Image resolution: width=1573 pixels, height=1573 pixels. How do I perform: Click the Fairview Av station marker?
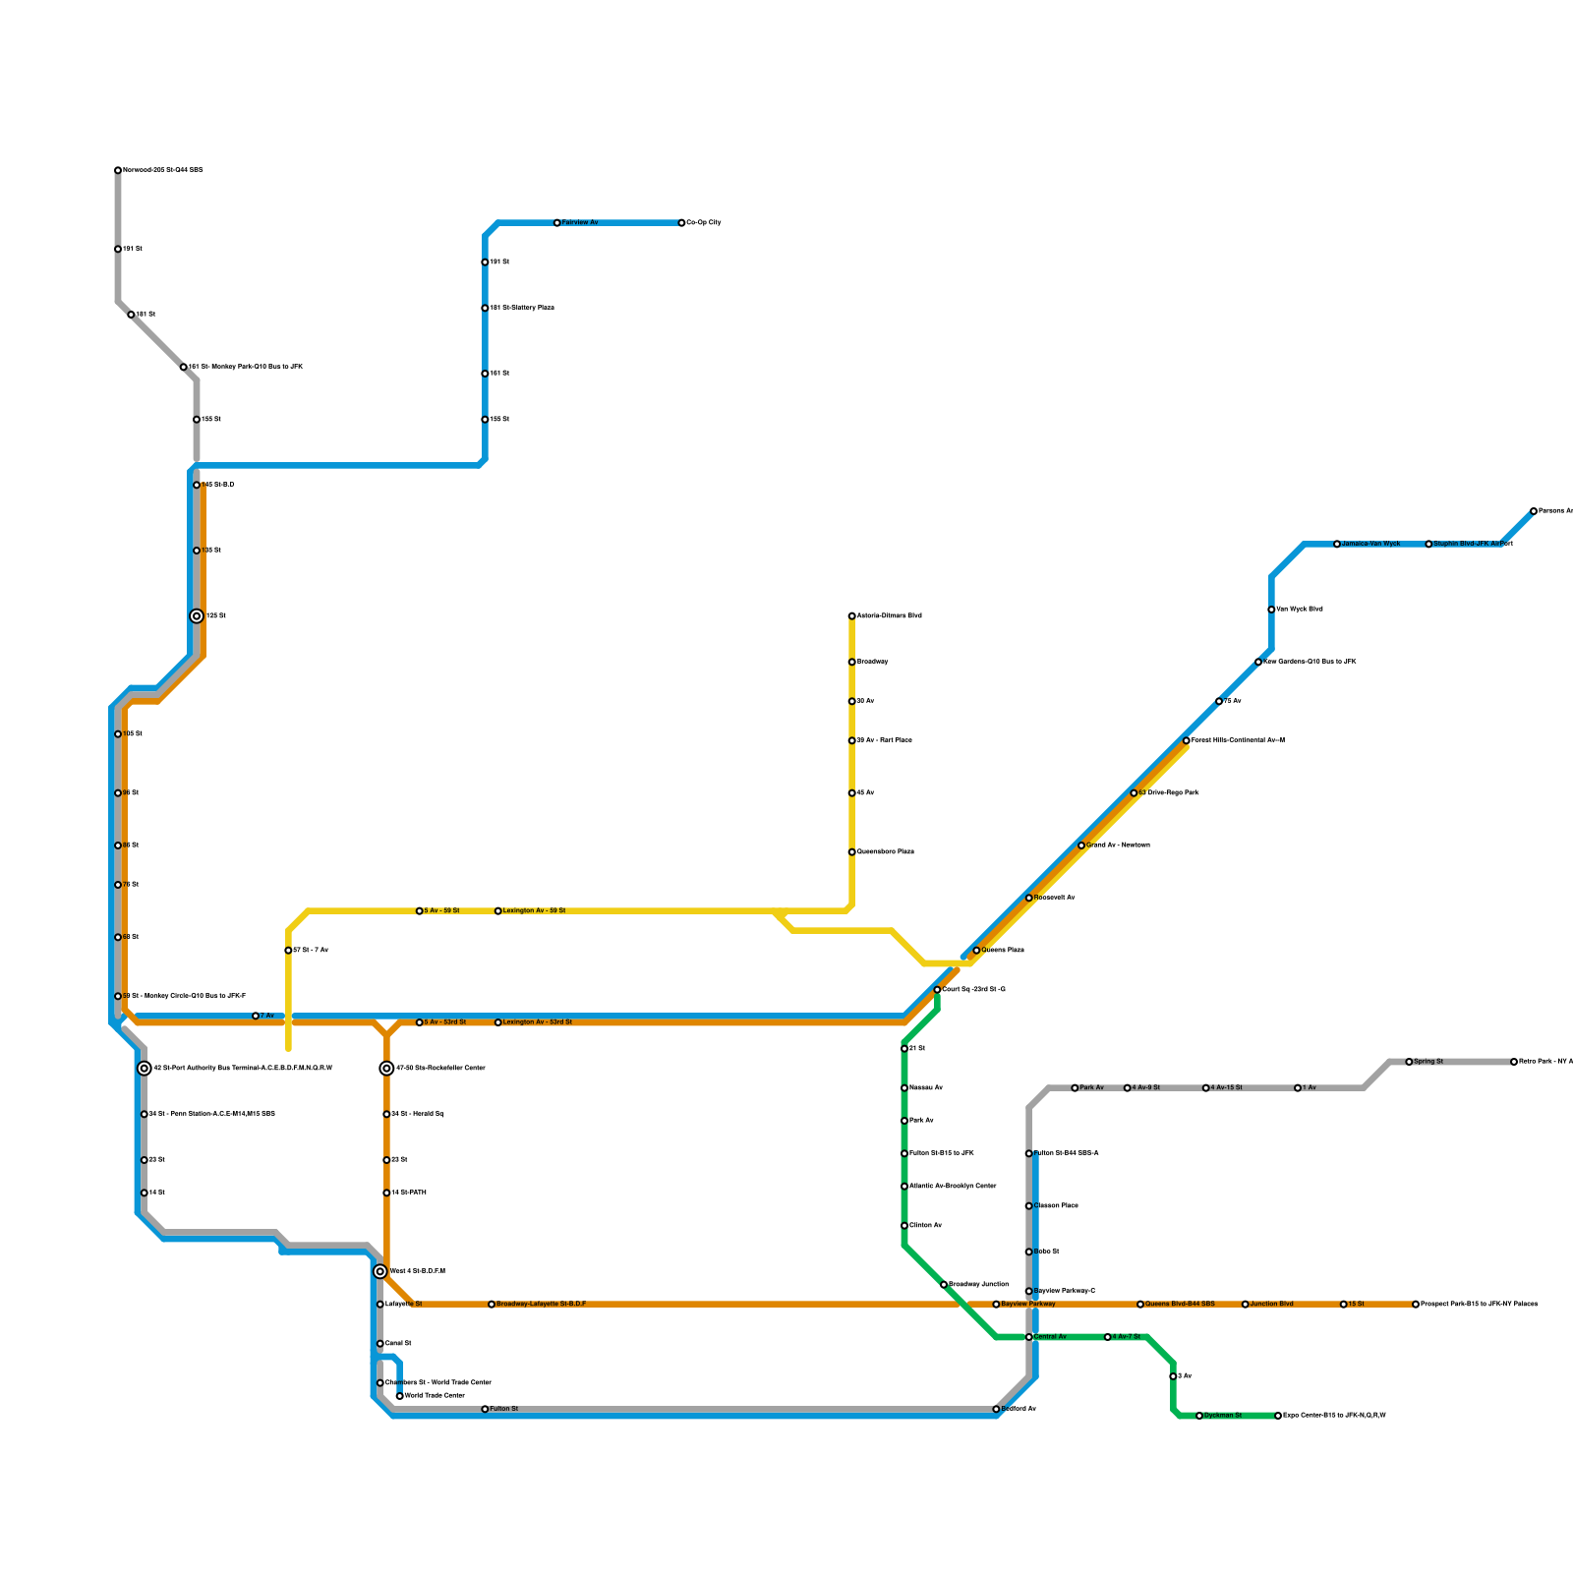pyautogui.click(x=557, y=223)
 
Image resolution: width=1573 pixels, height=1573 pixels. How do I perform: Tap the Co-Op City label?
pyautogui.click(x=704, y=223)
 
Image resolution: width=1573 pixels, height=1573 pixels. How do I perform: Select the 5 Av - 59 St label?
pyautogui.click(x=441, y=911)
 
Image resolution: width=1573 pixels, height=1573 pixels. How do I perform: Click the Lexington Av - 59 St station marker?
pyautogui.click(x=498, y=911)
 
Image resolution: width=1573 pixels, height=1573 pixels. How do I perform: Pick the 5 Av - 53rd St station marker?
pyautogui.click(x=420, y=1022)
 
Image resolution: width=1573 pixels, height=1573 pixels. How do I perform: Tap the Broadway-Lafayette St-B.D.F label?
pyautogui.click(x=541, y=1305)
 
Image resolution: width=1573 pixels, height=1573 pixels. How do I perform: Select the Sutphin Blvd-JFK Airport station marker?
pyautogui.click(x=1429, y=544)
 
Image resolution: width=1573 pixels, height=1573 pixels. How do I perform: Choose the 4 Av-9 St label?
pyautogui.click(x=1146, y=1088)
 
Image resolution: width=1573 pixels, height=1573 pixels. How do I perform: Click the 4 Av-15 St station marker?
pyautogui.click(x=1206, y=1088)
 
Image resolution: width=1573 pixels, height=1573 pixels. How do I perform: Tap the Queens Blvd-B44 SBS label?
pyautogui.click(x=1180, y=1305)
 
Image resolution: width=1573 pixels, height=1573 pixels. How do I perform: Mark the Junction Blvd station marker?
pyautogui.click(x=1246, y=1305)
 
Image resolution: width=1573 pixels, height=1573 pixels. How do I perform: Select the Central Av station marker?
pyautogui.click(x=1029, y=1337)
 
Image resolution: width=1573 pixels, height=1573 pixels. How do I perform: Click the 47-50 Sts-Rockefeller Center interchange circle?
pyautogui.click(x=387, y=1069)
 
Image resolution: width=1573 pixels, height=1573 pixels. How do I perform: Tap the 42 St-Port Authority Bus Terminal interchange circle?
pyautogui.click(x=145, y=1069)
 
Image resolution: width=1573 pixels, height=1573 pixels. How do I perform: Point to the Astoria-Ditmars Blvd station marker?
pyautogui.click(x=852, y=616)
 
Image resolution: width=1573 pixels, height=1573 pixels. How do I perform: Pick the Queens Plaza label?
pyautogui.click(x=1003, y=951)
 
